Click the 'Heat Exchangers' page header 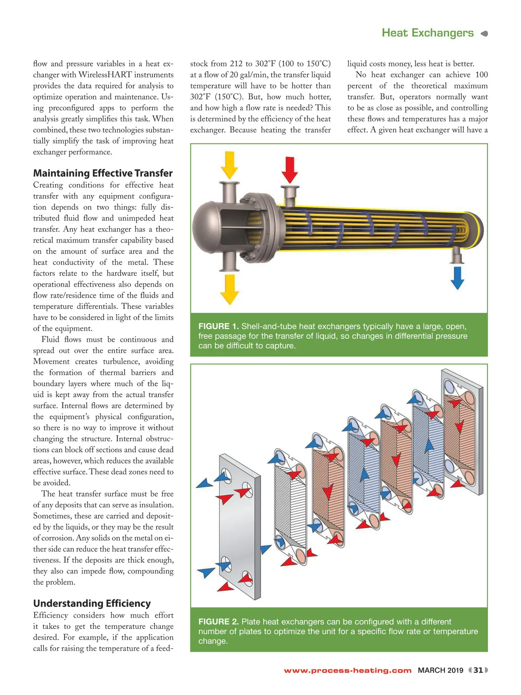click(427, 33)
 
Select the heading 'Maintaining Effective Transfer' click(103, 173)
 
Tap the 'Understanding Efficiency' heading click(92, 603)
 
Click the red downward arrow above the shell click(290, 169)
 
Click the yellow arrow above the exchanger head click(229, 165)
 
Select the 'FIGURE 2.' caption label click(218, 622)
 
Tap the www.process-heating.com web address click(348, 671)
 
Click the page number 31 click(478, 670)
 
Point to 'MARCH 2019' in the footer click(440, 670)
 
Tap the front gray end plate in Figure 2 click(240, 521)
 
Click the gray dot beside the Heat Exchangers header click(485, 33)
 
